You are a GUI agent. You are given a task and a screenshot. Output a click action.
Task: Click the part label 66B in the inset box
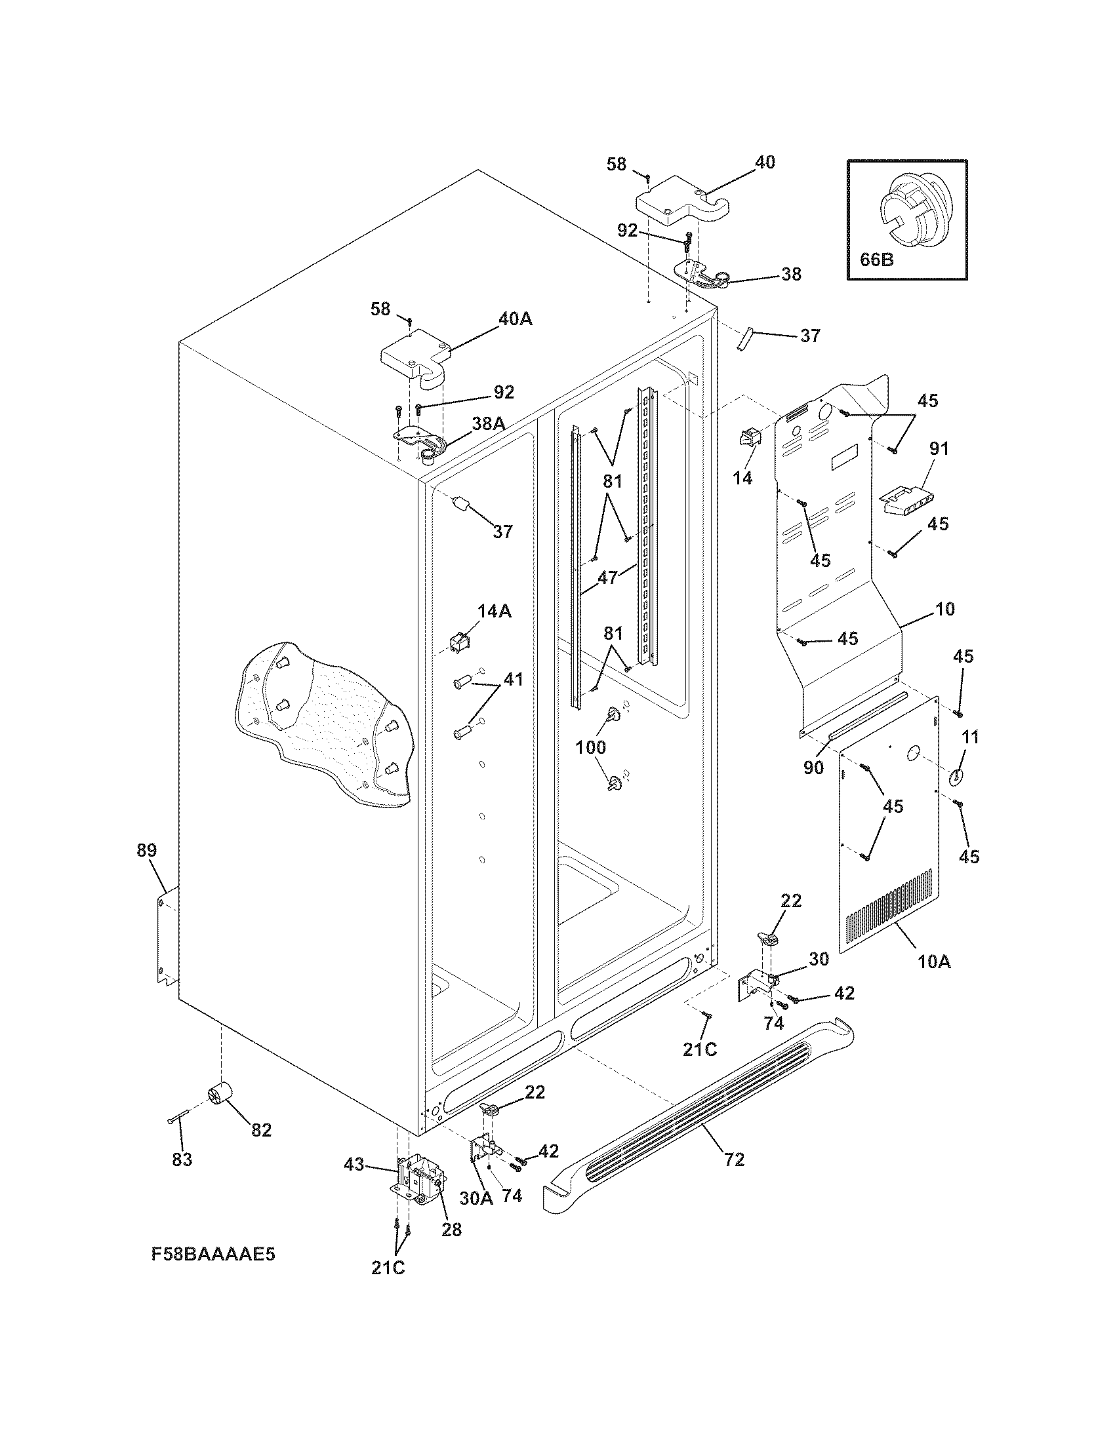coord(876,260)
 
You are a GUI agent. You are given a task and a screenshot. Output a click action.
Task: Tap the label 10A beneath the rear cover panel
coord(934,962)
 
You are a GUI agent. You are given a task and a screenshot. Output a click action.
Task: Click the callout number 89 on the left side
coord(147,850)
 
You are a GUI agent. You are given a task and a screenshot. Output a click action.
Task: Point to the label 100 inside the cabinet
coord(590,747)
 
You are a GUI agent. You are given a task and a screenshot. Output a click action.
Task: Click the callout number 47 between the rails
coord(607,577)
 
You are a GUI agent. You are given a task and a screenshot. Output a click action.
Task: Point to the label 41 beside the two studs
coord(513,679)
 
